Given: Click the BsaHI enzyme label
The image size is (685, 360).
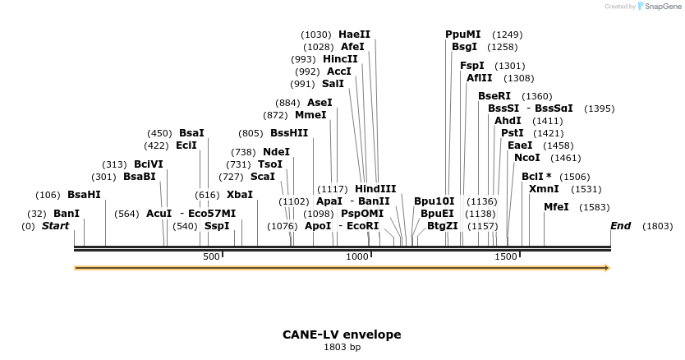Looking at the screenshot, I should [84, 195].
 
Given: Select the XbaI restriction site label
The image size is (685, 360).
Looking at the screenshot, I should [240, 195].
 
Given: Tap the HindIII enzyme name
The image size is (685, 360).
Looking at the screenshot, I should [375, 188].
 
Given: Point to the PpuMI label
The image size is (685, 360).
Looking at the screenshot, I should [463, 35].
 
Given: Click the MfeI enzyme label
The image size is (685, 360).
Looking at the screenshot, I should [556, 207].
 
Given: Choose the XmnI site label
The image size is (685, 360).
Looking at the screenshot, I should [544, 188].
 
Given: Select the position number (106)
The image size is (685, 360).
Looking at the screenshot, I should [48, 195].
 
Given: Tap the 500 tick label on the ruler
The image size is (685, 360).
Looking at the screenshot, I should [211, 257].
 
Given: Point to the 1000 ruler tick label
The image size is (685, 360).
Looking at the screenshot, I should [357, 257].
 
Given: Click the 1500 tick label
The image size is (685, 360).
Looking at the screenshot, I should [505, 257].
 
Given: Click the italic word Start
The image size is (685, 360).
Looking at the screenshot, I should [56, 225].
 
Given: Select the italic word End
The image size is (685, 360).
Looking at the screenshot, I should [620, 225].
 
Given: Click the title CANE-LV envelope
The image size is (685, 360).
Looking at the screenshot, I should [342, 335].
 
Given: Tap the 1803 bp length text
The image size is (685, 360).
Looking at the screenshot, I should [342, 348].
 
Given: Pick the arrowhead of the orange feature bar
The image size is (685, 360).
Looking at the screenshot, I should [607, 267].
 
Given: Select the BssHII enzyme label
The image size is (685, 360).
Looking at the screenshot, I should [289, 133].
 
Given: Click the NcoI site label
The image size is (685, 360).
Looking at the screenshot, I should [527, 158].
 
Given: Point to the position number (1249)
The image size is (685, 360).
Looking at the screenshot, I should [507, 35].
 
